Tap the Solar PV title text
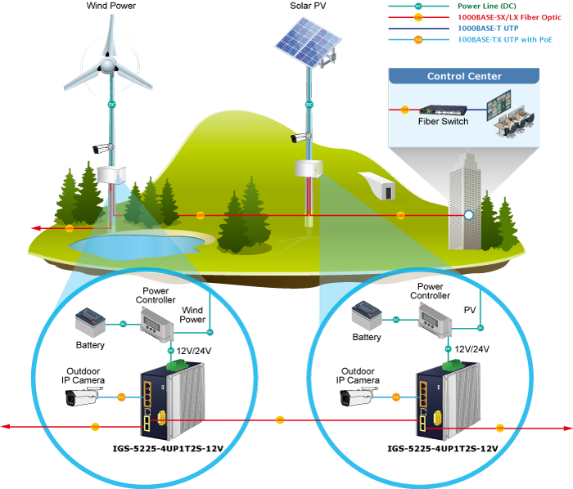click(308, 6)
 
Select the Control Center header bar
click(464, 77)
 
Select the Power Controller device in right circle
click(430, 316)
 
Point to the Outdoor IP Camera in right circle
click(357, 397)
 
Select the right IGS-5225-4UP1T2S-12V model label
click(443, 448)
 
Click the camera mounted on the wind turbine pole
click(102, 148)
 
